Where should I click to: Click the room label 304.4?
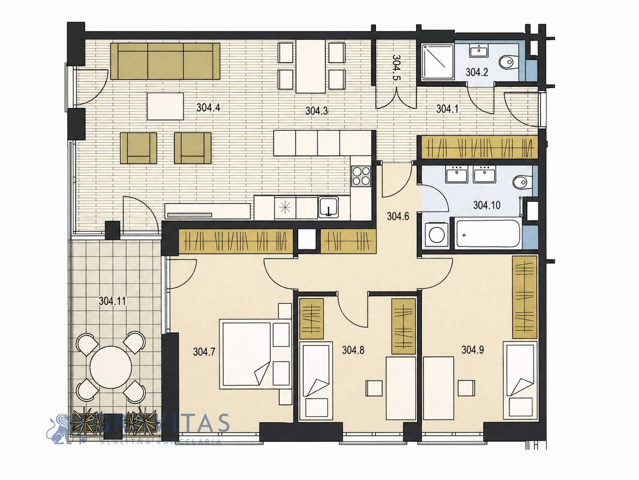[x=208, y=107]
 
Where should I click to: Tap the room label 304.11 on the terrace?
[x=113, y=301]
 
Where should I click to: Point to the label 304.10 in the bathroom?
[x=487, y=205]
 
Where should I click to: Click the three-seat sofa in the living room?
[x=165, y=61]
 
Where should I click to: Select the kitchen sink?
[x=328, y=207]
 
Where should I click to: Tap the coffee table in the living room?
[x=165, y=106]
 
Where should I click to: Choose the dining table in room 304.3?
[x=311, y=66]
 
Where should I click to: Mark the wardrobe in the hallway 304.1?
[x=479, y=148]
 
